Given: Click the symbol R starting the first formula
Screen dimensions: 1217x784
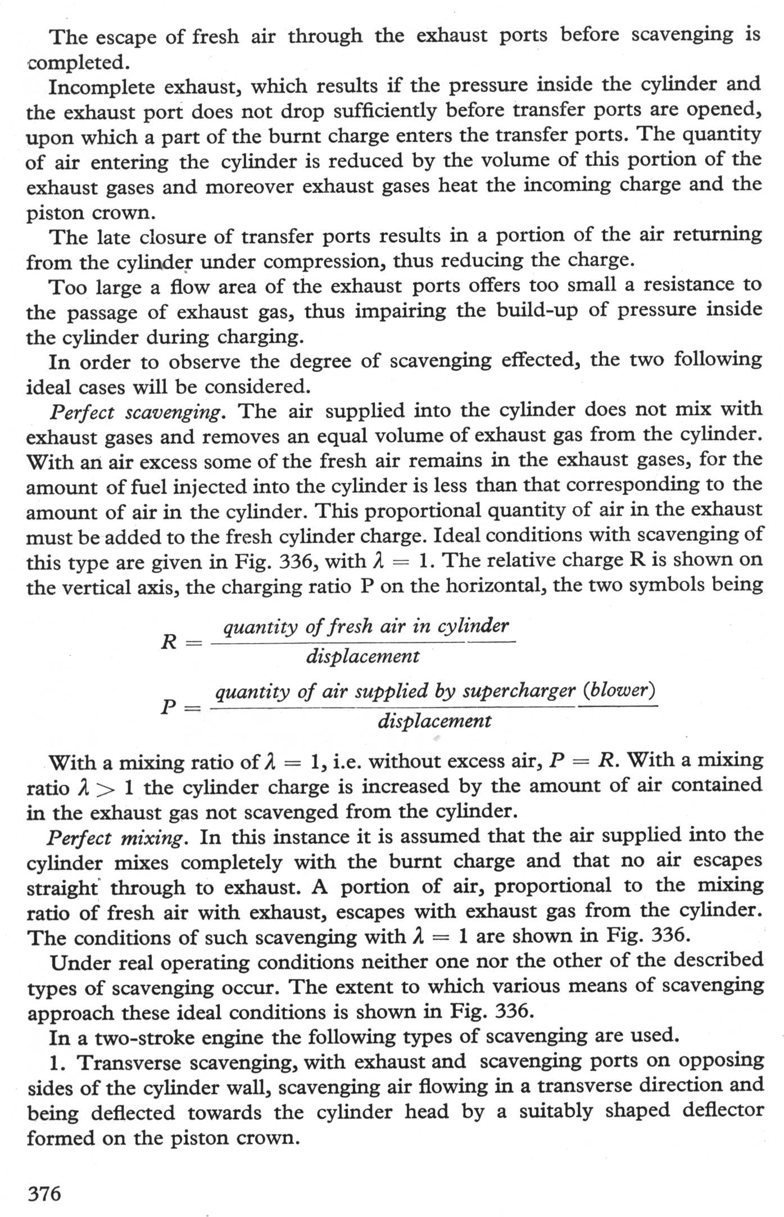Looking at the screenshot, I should click(x=169, y=641).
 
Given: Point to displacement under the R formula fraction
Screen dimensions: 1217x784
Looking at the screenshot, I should click(x=362, y=656).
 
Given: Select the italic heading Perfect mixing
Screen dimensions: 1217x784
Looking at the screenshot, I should click(x=116, y=838).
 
